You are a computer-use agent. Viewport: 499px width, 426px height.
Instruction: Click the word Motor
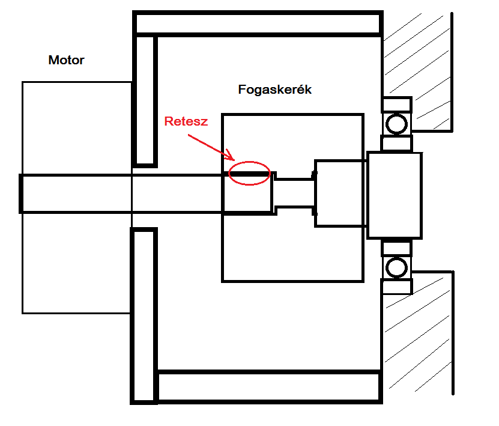tap(66, 60)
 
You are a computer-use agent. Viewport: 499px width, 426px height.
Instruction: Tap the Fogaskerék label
tap(275, 90)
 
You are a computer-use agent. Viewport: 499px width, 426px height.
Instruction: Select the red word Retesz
tap(186, 121)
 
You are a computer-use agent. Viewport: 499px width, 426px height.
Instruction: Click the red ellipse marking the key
tap(249, 173)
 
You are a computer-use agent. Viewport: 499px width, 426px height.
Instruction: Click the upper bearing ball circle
tap(396, 124)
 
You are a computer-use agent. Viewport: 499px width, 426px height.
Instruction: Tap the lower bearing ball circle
tap(396, 266)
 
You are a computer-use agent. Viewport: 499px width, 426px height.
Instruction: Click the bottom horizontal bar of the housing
tap(268, 386)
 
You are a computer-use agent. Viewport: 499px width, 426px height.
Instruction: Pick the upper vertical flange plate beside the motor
tap(145, 100)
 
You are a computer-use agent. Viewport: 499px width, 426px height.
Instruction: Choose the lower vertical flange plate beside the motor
tap(145, 315)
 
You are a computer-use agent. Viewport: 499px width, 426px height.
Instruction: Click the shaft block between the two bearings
tap(395, 195)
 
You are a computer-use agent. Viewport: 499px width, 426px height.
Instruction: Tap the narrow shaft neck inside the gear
tap(294, 193)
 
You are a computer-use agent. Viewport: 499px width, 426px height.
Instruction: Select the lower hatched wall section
tap(420, 336)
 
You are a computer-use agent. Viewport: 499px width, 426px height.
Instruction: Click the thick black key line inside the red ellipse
tap(249, 174)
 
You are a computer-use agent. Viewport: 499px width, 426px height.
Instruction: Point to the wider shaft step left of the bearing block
tap(339, 193)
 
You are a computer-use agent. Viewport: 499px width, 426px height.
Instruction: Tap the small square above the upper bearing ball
tap(396, 105)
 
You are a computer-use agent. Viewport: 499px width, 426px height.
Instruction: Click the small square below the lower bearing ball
tap(396, 286)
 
